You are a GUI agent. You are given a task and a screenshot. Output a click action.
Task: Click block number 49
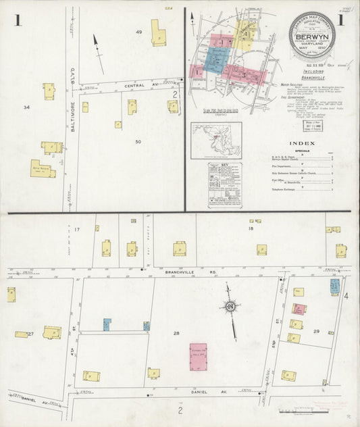[x=139, y=32]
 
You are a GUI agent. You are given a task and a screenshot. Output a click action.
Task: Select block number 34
[x=26, y=107]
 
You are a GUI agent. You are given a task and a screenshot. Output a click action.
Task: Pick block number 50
[x=138, y=141]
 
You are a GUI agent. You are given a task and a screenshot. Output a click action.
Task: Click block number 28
[x=177, y=334]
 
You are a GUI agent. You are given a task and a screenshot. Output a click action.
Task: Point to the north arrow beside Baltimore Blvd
[x=99, y=49]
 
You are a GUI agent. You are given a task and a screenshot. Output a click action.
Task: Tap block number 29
[x=316, y=331]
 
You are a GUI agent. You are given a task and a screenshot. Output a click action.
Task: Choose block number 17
[x=77, y=230]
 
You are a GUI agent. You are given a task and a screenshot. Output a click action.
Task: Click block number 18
[x=251, y=230]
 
